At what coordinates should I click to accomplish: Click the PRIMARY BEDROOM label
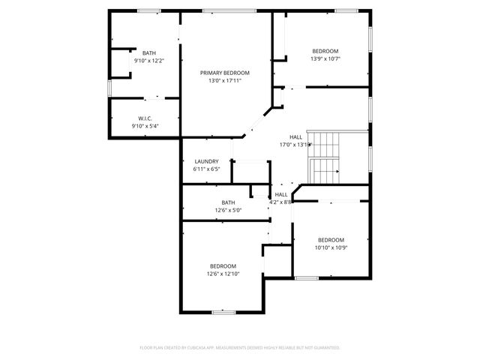[224, 73]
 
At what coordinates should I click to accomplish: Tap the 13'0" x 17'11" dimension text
[224, 80]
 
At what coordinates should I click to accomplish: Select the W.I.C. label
[145, 118]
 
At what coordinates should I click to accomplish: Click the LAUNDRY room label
[206, 161]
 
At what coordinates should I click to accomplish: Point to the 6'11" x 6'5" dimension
[206, 169]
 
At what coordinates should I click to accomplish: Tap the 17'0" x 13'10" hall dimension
[295, 145]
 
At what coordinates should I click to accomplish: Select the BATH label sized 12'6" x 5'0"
[228, 202]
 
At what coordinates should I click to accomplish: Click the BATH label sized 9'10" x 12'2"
[149, 52]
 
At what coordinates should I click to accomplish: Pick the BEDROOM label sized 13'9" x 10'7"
[325, 51]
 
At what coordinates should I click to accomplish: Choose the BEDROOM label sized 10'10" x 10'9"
[330, 239]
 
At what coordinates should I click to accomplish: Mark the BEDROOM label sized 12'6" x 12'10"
[223, 266]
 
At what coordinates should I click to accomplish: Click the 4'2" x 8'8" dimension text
[280, 202]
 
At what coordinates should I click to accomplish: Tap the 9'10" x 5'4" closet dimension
[145, 126]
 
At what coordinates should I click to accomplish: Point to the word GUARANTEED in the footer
[323, 347]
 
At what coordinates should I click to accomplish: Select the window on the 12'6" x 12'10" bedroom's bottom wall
[223, 312]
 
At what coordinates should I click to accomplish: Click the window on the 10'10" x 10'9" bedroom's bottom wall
[306, 278]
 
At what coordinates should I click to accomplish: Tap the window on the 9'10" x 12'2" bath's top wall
[149, 10]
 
